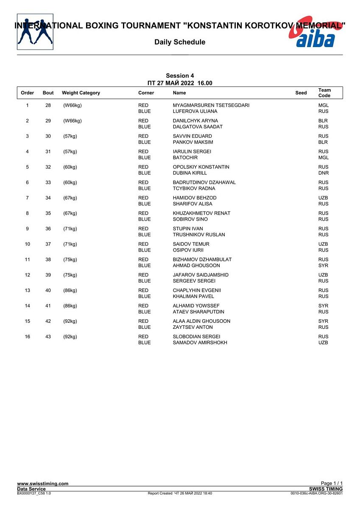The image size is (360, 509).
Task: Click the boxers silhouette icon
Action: (x=35, y=32)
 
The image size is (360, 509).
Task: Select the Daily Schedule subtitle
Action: (x=180, y=42)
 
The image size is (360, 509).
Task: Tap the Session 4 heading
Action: (x=180, y=76)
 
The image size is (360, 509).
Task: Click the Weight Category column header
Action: (x=81, y=93)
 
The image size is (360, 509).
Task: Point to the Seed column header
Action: (x=301, y=93)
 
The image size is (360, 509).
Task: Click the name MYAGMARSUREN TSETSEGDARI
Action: (x=211, y=105)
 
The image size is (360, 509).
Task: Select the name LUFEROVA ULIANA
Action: (x=195, y=112)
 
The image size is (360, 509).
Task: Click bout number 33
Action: (x=48, y=182)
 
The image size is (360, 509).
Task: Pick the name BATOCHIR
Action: (x=185, y=158)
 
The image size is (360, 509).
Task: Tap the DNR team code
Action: (x=324, y=173)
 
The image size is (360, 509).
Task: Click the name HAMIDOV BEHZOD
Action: (x=195, y=198)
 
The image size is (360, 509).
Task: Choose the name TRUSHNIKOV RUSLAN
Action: (x=199, y=235)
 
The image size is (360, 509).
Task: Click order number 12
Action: (x=28, y=275)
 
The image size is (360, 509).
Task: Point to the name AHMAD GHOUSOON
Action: (x=196, y=266)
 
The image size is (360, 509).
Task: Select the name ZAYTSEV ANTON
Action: (x=193, y=327)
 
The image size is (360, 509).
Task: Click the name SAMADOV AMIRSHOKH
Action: (x=200, y=343)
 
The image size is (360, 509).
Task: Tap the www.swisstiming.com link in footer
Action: (x=42, y=484)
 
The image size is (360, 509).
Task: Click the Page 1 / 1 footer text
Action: (x=332, y=484)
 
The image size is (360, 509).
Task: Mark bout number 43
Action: (x=48, y=337)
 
